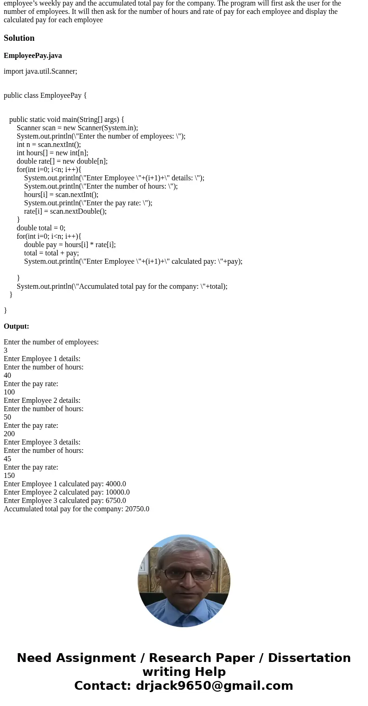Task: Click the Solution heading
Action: [19, 38]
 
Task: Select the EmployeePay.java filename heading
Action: [32, 56]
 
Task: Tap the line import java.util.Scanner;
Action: [40, 71]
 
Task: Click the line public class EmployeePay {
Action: [45, 95]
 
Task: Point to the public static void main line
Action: [66, 120]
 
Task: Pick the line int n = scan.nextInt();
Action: [49, 145]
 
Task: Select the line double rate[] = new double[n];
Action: [62, 161]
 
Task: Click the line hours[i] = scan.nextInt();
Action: [61, 195]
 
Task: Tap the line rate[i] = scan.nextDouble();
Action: [65, 211]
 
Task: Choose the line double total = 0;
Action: [41, 228]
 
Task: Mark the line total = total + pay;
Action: [51, 253]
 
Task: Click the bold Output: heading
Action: [16, 326]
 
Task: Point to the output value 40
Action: [7, 375]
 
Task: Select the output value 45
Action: [7, 459]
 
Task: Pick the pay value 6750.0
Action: [116, 501]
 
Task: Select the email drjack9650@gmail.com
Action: [214, 686]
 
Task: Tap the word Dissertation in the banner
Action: [309, 658]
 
